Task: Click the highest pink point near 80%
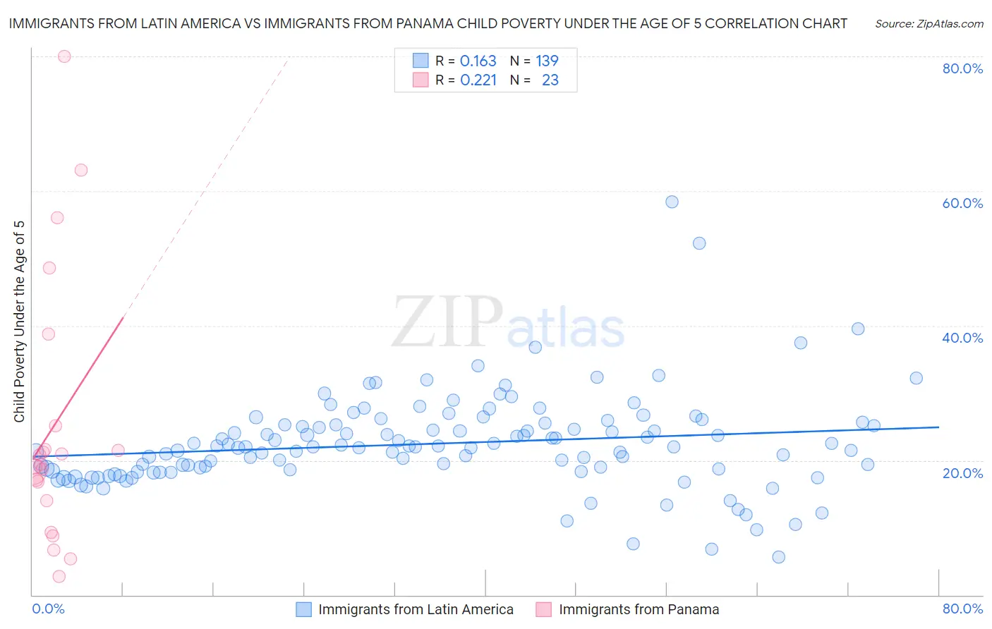(x=64, y=56)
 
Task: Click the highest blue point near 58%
(x=672, y=202)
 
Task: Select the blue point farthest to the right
(x=916, y=378)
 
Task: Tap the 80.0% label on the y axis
(x=962, y=68)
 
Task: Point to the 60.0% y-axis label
(x=962, y=203)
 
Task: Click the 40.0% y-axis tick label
(x=962, y=338)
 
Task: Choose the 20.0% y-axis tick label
(x=962, y=473)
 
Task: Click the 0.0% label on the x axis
(x=48, y=609)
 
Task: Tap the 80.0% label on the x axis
(x=962, y=609)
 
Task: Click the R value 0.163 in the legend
(x=478, y=61)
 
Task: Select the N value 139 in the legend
(x=547, y=61)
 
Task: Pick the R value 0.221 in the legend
(x=478, y=80)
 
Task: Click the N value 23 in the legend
(x=550, y=80)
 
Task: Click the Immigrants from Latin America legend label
(x=416, y=609)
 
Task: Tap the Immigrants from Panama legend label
(x=639, y=609)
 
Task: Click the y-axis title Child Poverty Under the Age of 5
(x=20, y=322)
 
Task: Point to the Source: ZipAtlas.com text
(x=929, y=24)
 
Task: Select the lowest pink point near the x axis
(x=59, y=576)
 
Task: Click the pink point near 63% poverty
(x=81, y=170)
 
